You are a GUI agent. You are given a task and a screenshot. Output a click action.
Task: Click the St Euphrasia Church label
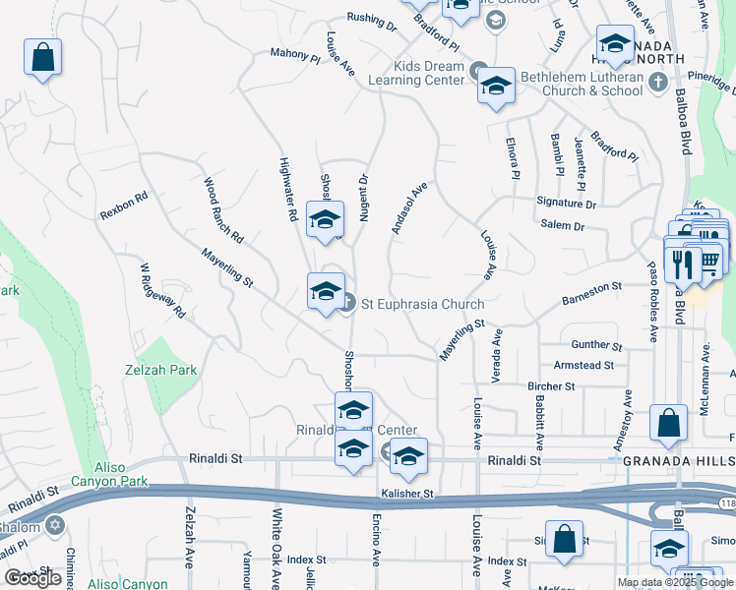coord(423,304)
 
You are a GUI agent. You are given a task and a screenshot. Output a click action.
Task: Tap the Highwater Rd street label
coord(288,189)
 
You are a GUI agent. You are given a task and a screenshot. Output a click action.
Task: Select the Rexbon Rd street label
coord(123,205)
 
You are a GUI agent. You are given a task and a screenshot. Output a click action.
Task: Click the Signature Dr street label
coord(567,204)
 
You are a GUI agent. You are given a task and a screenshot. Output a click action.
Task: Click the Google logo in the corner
coord(33,578)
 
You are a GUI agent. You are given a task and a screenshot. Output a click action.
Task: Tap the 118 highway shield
coord(726,503)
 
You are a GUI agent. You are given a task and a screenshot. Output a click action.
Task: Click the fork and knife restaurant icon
coord(680,262)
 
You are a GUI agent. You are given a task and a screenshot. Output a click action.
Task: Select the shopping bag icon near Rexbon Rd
coord(42,58)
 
